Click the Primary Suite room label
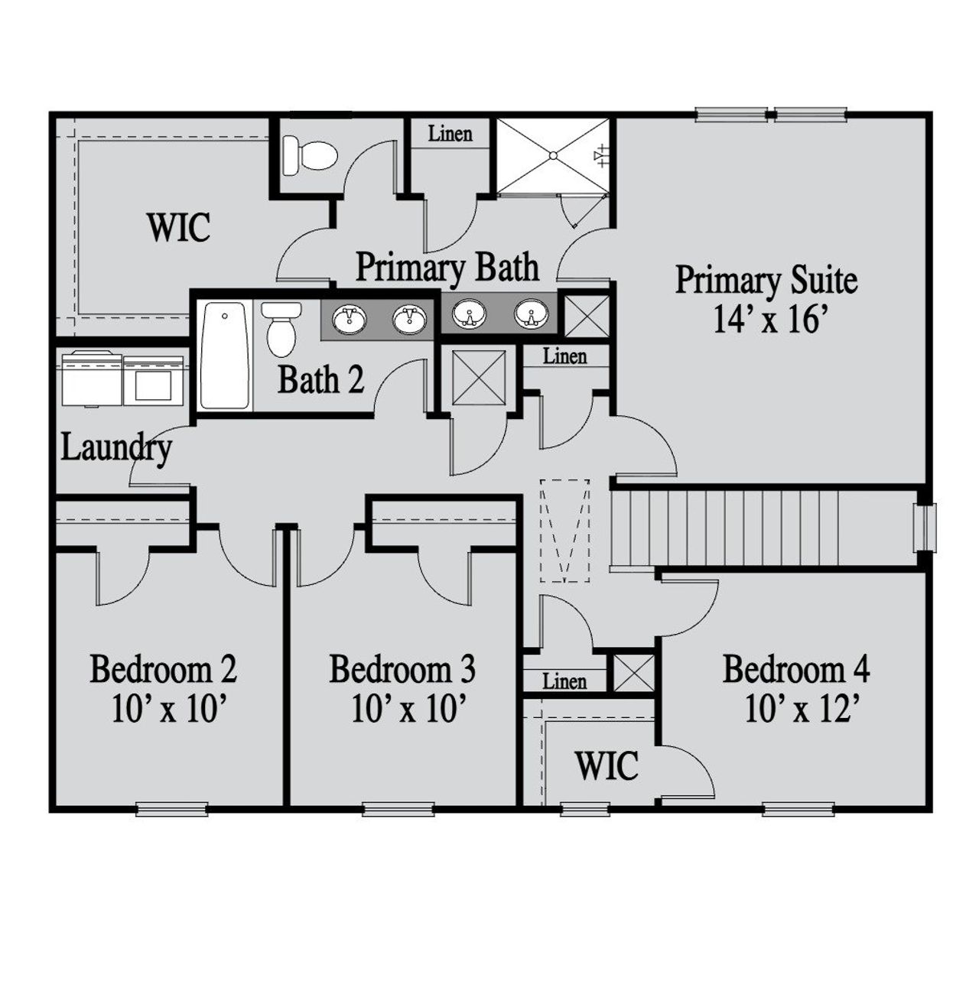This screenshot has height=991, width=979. click(x=766, y=281)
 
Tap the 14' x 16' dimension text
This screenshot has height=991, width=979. click(x=766, y=319)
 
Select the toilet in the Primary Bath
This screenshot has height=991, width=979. click(x=309, y=156)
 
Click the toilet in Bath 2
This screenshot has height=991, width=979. click(x=281, y=330)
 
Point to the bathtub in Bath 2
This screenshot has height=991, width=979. click(x=224, y=355)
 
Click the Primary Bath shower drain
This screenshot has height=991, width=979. click(x=551, y=155)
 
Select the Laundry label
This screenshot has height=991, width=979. click(x=115, y=448)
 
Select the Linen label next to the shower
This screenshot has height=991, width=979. click(x=450, y=134)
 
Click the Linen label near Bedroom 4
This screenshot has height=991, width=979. click(x=564, y=681)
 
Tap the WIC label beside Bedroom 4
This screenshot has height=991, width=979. click(x=607, y=765)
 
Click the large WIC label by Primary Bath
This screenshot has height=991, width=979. click(x=178, y=227)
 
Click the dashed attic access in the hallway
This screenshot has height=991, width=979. click(x=564, y=530)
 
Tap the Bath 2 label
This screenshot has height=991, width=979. click(x=320, y=380)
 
